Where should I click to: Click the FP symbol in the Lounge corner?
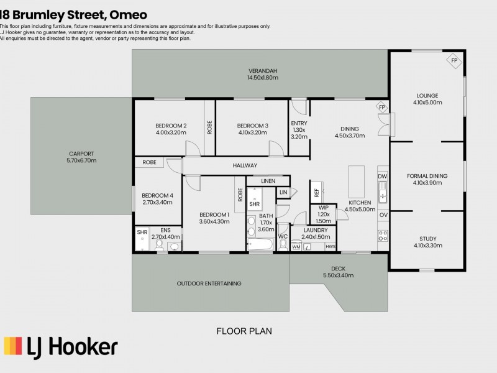pos(454,60)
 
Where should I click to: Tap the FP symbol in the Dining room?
pos(382,107)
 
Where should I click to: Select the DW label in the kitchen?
pos(383,177)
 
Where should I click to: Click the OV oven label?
pos(383,215)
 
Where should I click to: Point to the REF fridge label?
pos(317,193)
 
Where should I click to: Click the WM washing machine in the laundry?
pos(296,246)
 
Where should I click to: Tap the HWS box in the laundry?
pos(331,246)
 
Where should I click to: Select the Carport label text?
pos(81,154)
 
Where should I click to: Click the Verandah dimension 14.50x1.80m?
pos(263,78)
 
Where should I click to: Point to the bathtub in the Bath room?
pos(260,244)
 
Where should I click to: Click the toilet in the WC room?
pos(283,244)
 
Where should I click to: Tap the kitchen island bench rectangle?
pos(356,182)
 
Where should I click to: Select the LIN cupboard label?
pos(283,192)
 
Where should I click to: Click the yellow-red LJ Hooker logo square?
pos(13,346)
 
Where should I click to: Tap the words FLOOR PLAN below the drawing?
pos(244,331)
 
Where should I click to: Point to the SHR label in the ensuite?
pos(142,232)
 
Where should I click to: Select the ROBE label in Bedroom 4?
pos(149,162)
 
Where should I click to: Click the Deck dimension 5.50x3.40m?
pos(338,275)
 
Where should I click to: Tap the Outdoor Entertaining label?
pos(209,283)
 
